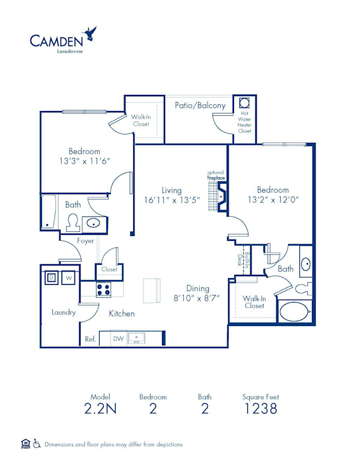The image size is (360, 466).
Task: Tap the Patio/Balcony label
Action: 200,105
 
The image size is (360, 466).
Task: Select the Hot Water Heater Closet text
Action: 245,122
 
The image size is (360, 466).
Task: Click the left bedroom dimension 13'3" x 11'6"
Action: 84,162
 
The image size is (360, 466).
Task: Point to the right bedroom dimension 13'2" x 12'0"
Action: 273,200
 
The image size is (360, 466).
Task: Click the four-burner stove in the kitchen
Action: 104,289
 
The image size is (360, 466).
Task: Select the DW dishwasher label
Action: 119,339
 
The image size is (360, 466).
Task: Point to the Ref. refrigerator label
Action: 91,339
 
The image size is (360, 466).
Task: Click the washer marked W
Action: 68,277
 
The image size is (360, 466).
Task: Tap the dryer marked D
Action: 52,277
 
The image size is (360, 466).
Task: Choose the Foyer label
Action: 85,241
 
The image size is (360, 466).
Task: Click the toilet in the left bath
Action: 73,222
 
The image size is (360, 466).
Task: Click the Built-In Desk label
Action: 240,259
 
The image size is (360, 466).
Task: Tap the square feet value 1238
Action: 260,409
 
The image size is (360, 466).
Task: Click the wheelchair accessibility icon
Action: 37,444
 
